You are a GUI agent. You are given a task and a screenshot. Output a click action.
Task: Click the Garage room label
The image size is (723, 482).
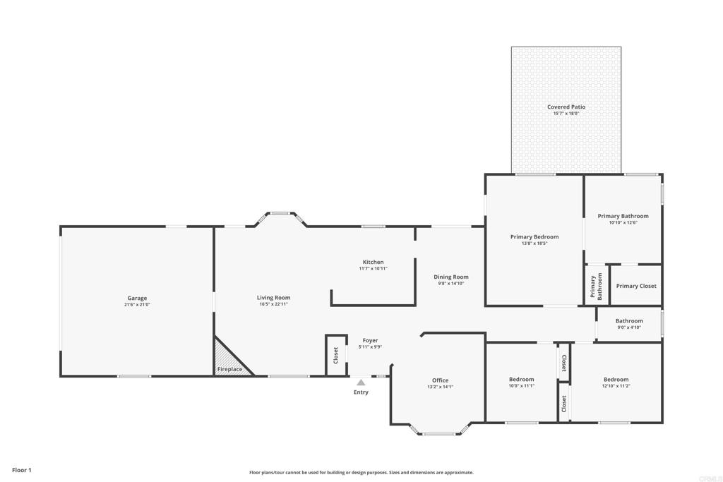137,298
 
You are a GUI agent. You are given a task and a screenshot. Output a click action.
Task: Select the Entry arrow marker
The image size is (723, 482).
361,382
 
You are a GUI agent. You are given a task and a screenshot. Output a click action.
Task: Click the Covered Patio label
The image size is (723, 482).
566,107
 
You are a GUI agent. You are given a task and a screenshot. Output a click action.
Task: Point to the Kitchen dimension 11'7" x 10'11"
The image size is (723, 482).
373,268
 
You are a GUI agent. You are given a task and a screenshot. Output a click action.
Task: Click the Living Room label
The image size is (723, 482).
273,298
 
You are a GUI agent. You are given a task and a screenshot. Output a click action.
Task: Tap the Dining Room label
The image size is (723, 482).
451,277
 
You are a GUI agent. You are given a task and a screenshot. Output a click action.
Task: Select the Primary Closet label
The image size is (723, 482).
636,286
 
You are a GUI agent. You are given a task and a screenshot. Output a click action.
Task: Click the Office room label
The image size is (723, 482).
440,380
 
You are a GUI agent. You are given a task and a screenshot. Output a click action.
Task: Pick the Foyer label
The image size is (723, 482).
370,340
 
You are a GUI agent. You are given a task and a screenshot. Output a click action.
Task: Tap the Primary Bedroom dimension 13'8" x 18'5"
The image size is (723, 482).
534,243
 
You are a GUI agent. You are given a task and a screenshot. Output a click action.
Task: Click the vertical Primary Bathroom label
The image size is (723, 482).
596,287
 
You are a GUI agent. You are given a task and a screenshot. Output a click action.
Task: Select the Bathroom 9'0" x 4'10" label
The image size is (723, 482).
629,321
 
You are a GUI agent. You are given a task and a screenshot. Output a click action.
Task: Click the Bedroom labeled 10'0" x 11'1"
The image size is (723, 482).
521,380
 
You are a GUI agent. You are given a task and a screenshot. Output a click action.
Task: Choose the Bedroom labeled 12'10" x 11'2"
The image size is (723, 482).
616,380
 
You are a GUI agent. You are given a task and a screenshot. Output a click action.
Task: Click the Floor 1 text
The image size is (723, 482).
22,469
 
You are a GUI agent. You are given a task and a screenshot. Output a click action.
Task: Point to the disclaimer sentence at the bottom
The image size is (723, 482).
361,473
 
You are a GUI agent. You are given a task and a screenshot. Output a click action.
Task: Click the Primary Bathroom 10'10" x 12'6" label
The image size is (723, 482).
623,216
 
